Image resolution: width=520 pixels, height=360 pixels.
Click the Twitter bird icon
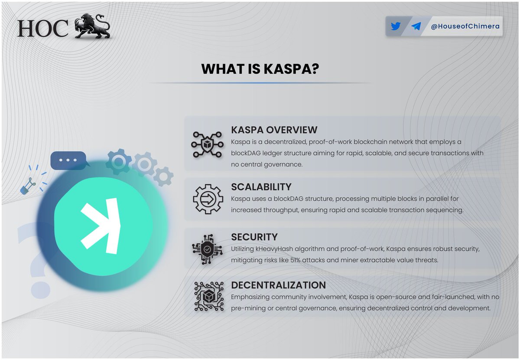[x=395, y=26]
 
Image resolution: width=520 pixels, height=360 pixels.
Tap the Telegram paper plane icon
[x=416, y=26]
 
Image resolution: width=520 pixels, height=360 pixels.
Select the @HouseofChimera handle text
[x=465, y=26]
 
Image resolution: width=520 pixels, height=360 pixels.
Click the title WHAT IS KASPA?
[x=260, y=69]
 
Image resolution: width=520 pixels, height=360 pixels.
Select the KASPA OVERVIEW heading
[x=274, y=130]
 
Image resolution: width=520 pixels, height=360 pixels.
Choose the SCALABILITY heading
[x=261, y=187]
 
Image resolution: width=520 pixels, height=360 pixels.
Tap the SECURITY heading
[x=254, y=237]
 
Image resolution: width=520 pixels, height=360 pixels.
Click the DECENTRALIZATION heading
[x=278, y=285]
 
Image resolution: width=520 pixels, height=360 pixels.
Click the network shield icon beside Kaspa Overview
[x=207, y=143]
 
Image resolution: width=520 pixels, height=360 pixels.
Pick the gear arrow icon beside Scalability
[x=207, y=199]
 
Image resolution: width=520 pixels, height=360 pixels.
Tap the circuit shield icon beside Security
[x=207, y=249]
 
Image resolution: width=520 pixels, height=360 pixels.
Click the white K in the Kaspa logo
[x=101, y=226]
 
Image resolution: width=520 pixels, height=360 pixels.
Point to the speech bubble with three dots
[x=68, y=160]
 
